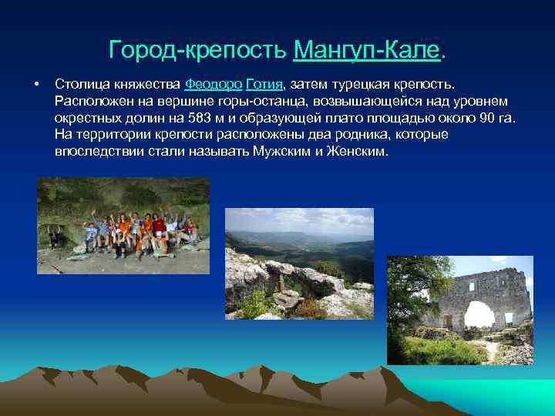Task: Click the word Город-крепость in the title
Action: tap(199, 51)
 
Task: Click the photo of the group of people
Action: tap(123, 225)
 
